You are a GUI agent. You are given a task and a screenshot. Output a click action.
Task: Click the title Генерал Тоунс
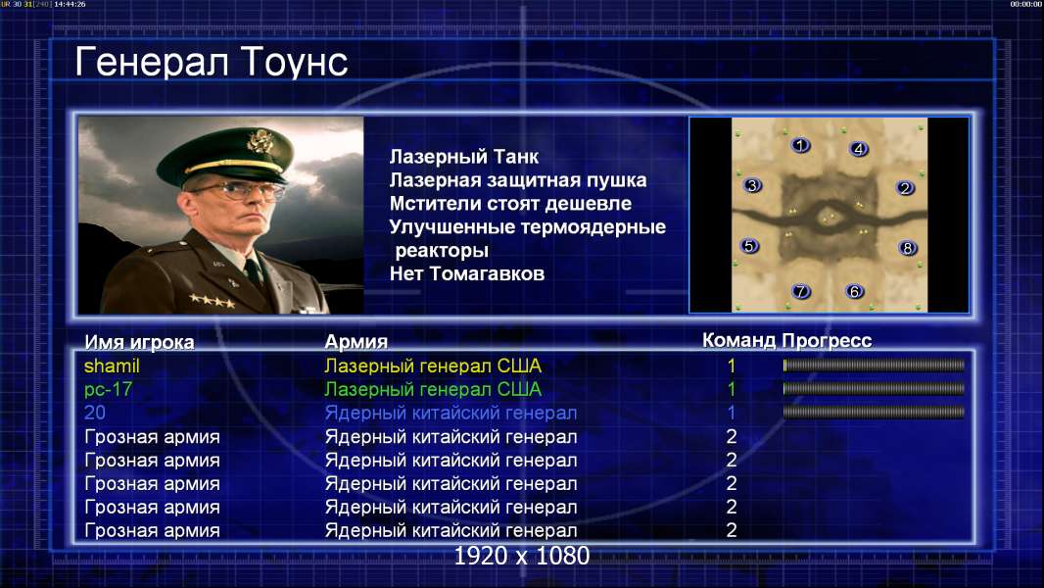pyautogui.click(x=212, y=63)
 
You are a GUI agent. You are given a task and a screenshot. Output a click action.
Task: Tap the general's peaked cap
pyautogui.click(x=227, y=153)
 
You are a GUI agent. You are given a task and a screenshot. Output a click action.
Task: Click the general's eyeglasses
pyautogui.click(x=236, y=191)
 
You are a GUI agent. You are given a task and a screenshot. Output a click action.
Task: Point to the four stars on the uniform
pyautogui.click(x=213, y=301)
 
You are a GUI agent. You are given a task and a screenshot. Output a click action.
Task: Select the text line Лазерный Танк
pyautogui.click(x=464, y=157)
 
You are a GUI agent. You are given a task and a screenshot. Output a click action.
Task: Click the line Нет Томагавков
pyautogui.click(x=467, y=273)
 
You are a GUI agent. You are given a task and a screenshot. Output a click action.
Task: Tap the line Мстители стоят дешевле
pyautogui.click(x=510, y=204)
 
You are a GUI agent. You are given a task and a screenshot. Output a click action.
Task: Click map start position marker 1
pyautogui.click(x=800, y=145)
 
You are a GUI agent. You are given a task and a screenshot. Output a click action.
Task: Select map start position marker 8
pyautogui.click(x=907, y=248)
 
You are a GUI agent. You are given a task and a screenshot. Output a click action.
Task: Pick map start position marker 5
pyautogui.click(x=749, y=246)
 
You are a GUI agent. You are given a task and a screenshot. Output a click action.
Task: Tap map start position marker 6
pyautogui.click(x=854, y=291)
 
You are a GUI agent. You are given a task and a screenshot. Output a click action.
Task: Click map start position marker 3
pyautogui.click(x=752, y=186)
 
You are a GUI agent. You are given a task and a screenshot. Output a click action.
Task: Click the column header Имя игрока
pyautogui.click(x=139, y=342)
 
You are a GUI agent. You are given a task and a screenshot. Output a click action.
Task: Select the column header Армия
pyautogui.click(x=356, y=342)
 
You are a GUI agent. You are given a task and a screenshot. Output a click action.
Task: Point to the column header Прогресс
pyautogui.click(x=827, y=341)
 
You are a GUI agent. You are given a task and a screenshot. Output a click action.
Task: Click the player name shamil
pyautogui.click(x=112, y=367)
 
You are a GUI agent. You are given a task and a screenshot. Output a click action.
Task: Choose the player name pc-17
pyautogui.click(x=109, y=390)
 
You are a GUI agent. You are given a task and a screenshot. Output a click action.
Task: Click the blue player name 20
pyautogui.click(x=95, y=413)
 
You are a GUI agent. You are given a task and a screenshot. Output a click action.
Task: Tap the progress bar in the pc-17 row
pyautogui.click(x=874, y=389)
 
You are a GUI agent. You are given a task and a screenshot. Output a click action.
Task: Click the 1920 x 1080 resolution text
pyautogui.click(x=522, y=556)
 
